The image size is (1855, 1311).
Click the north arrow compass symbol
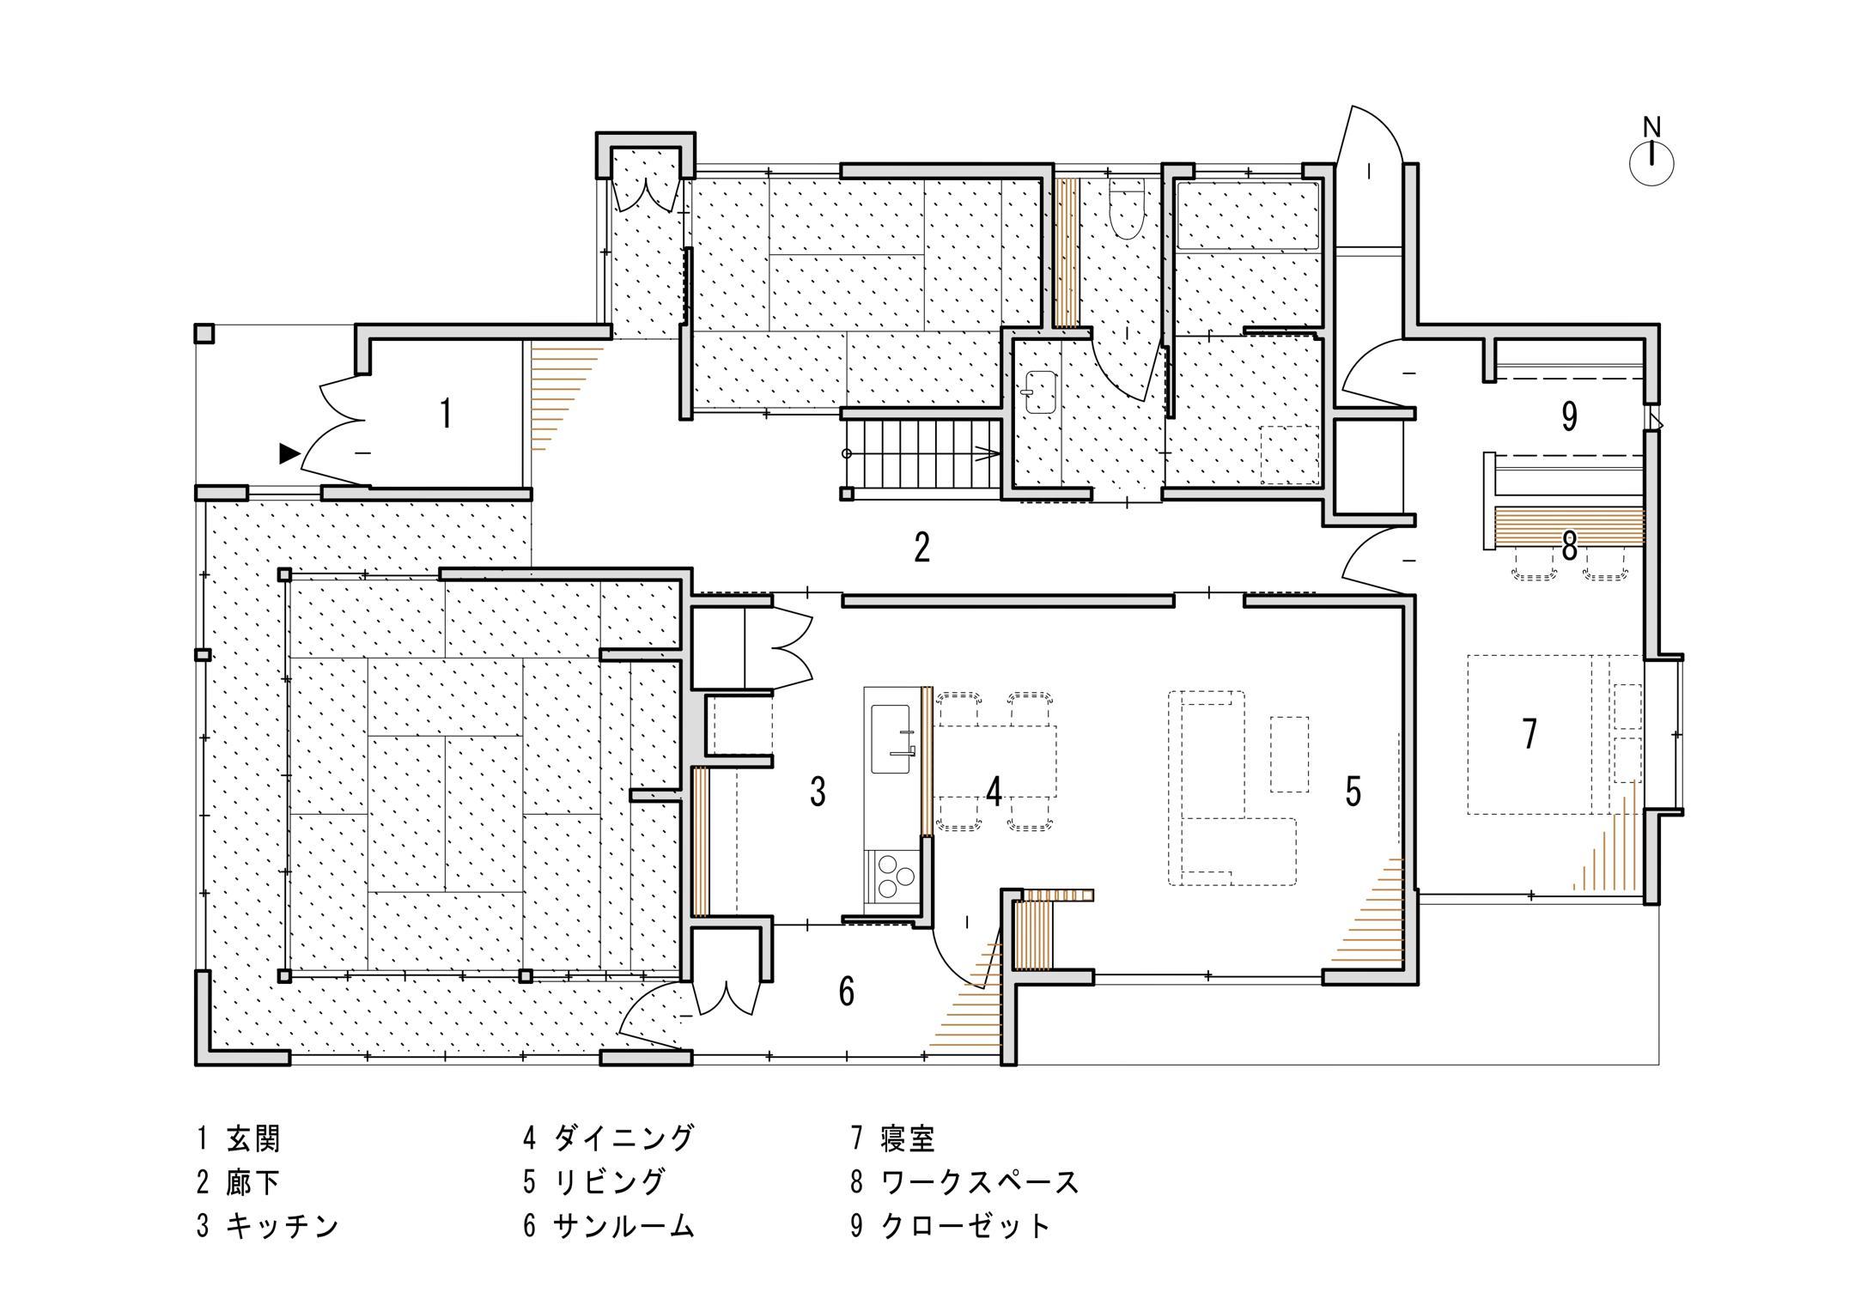(x=1651, y=162)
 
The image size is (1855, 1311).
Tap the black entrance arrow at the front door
(x=289, y=453)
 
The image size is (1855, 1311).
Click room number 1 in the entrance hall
(x=446, y=414)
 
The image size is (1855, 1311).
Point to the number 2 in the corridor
(x=921, y=547)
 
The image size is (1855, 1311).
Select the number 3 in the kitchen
(x=818, y=792)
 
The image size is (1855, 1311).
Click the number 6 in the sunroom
(x=847, y=992)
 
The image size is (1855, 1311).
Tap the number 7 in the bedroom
(x=1530, y=733)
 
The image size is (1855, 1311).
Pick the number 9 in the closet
(x=1569, y=416)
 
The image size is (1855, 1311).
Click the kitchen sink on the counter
(x=891, y=738)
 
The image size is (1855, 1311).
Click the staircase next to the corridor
(x=921, y=453)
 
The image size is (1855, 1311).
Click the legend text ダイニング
(x=623, y=1138)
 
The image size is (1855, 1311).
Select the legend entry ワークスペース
(x=980, y=1182)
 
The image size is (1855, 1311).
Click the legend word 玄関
(x=253, y=1138)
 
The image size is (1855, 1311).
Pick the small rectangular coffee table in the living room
(x=1289, y=754)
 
